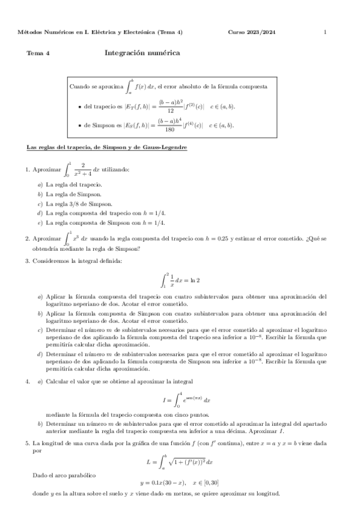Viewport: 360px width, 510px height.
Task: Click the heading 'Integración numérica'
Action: (x=142, y=53)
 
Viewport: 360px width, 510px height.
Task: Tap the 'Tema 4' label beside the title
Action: (x=38, y=54)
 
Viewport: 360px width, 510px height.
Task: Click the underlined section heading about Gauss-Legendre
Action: (x=106, y=148)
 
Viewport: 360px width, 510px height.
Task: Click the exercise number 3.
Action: (x=28, y=260)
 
